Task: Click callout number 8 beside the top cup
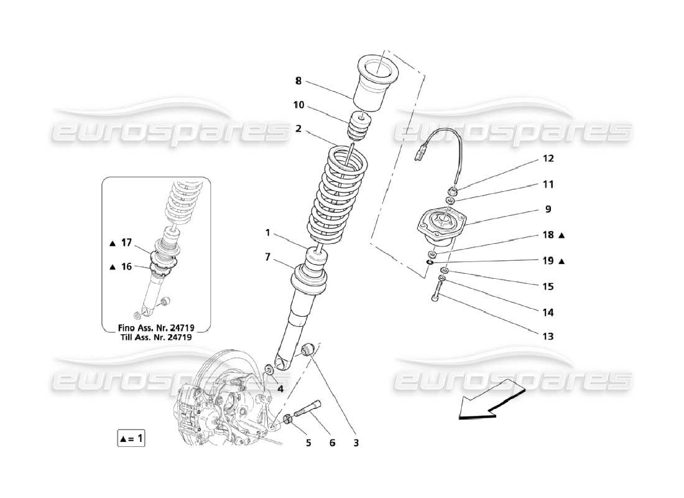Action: (x=298, y=80)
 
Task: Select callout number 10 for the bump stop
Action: (x=299, y=105)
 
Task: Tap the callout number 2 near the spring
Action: (x=298, y=129)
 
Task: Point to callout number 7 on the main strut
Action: (x=267, y=256)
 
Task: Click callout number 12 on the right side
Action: (x=548, y=158)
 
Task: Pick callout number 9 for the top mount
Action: (x=548, y=210)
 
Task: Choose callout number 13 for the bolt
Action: (x=548, y=336)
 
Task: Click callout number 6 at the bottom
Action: (x=332, y=443)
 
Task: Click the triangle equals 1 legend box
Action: (x=131, y=438)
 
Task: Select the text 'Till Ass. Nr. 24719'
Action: (x=156, y=337)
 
